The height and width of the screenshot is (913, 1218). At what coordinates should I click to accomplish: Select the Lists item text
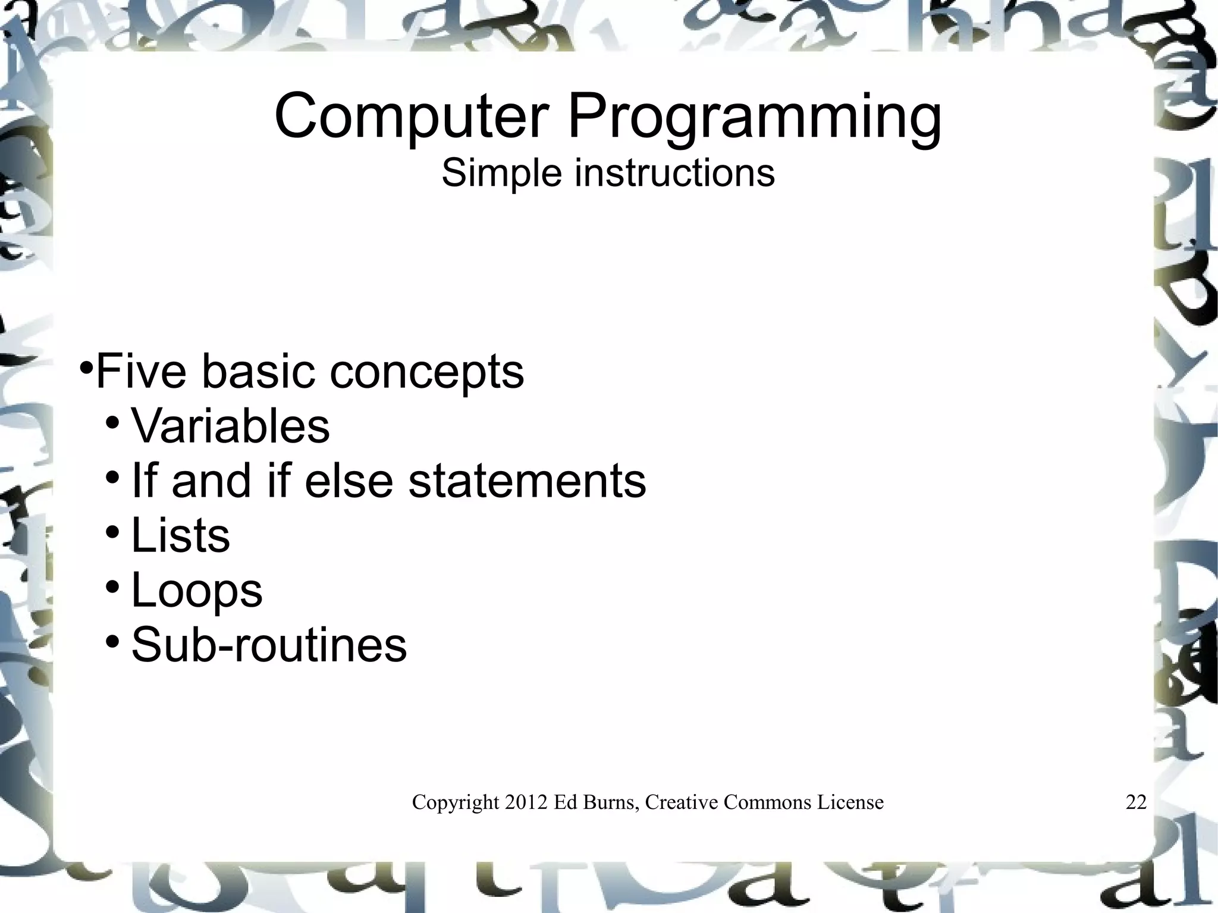click(x=180, y=535)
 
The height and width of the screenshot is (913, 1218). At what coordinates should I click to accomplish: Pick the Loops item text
click(x=196, y=591)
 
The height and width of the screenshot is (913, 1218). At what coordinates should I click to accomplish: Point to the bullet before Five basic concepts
click(x=86, y=365)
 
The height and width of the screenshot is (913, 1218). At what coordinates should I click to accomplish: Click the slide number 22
click(x=1136, y=802)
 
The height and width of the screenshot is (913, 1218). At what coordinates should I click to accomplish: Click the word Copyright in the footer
click(x=456, y=803)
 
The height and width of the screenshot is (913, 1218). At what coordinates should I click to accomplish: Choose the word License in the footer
click(x=850, y=802)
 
